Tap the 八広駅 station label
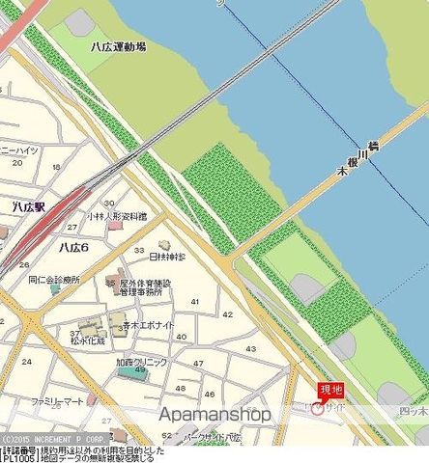[18, 206]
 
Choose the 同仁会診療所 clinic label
[54, 279]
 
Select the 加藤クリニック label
[142, 362]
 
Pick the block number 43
[251, 348]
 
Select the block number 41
[196, 302]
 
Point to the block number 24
[26, 360]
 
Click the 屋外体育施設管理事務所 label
[146, 287]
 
